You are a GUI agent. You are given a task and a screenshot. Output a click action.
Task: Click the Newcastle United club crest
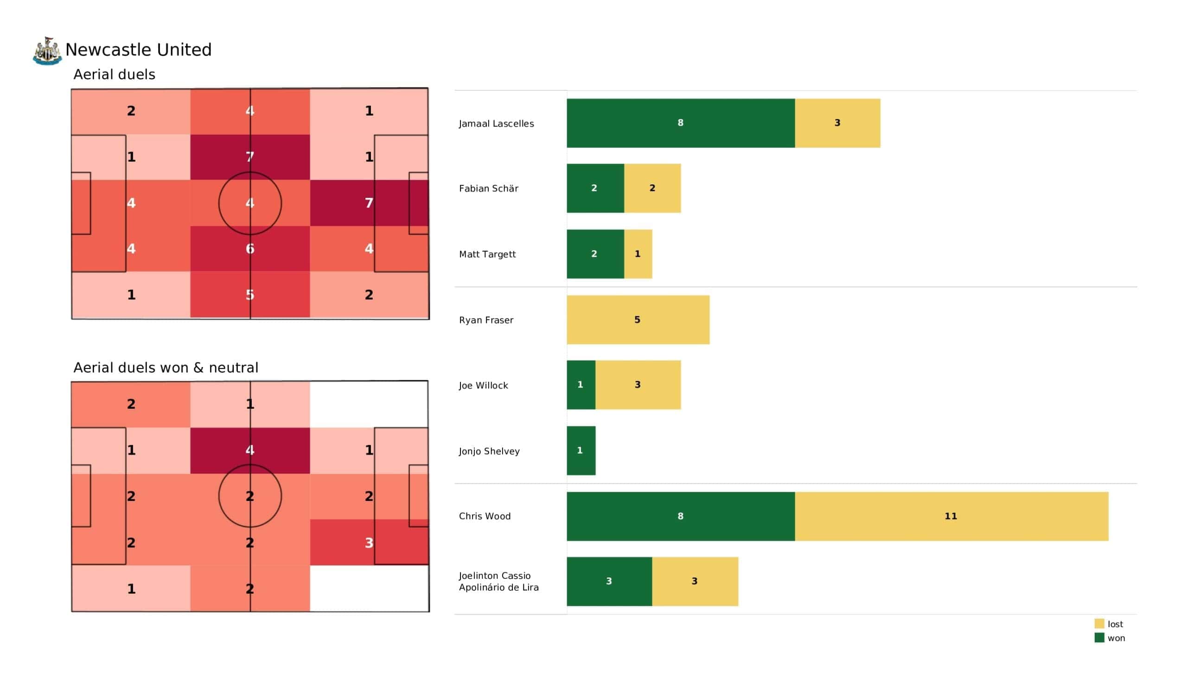click(47, 51)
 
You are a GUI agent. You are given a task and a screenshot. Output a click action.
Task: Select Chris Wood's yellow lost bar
click(951, 516)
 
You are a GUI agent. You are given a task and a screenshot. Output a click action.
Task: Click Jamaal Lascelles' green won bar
click(681, 123)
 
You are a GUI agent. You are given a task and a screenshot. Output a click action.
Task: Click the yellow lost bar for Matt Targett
click(638, 254)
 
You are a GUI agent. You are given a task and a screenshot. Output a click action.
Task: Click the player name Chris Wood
click(485, 516)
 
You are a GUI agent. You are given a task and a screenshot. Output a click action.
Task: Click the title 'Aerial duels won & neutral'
click(166, 368)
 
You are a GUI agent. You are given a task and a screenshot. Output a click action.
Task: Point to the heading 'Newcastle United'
click(139, 50)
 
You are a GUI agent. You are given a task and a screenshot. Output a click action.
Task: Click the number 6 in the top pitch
click(250, 249)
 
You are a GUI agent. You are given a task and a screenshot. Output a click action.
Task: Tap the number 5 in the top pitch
click(250, 295)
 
